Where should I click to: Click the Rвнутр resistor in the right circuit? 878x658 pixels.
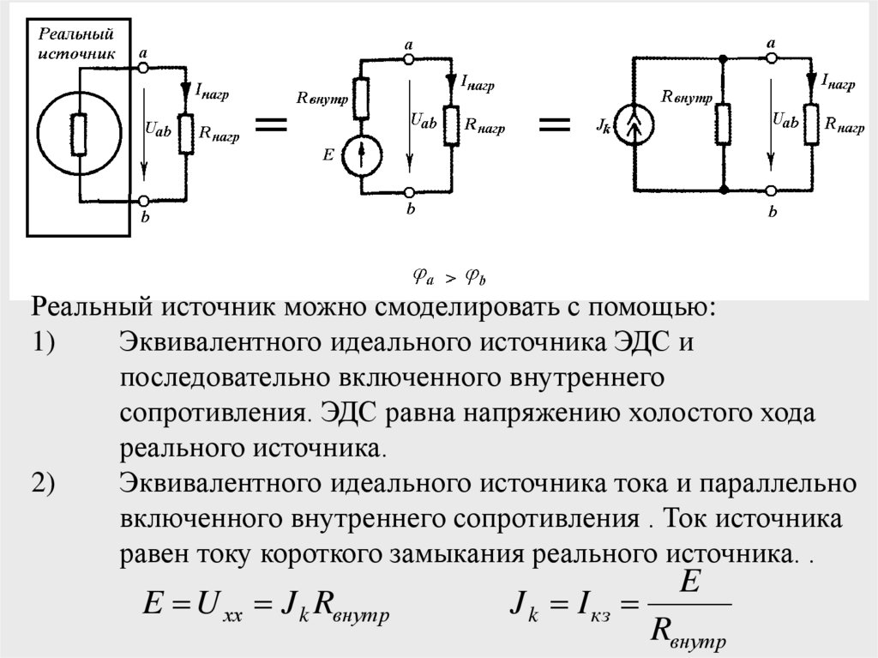[725, 124]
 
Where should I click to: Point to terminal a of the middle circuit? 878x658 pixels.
[410, 58]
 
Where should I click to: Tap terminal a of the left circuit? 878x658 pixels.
[142, 66]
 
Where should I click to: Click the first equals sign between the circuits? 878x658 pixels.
[270, 126]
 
